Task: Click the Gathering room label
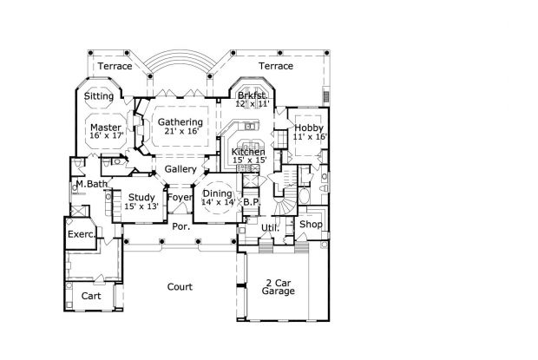coord(180,122)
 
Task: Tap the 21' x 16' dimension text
coord(181,131)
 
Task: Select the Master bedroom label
coord(106,128)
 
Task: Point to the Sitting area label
coord(99,96)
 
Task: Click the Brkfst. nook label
coord(253,95)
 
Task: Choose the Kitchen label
coord(248,152)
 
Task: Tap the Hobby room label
coord(309,128)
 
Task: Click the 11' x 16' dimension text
coord(310,136)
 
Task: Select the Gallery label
coord(180,169)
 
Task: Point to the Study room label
coord(141,198)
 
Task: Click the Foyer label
coord(180,198)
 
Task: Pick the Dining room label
coord(218,194)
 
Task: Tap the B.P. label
coord(253,202)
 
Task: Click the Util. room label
coord(271,228)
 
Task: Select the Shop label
coord(311,225)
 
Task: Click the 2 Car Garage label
coord(279,287)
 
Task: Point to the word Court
coord(180,287)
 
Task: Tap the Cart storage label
coord(91,296)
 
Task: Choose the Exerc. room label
coord(82,235)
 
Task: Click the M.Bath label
coord(92,184)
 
